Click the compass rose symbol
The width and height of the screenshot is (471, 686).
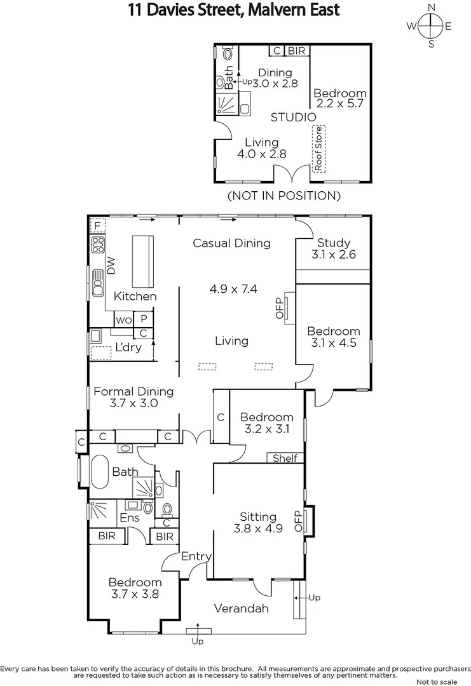pos(431,26)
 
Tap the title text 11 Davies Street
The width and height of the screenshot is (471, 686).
pos(234,10)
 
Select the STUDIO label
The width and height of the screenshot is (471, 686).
pos(293,118)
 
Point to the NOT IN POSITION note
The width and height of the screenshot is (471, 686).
pos(283,196)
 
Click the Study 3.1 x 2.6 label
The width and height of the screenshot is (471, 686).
pos(334,248)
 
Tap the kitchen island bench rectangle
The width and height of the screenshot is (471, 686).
pos(143,261)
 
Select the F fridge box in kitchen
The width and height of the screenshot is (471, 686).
pos(97,225)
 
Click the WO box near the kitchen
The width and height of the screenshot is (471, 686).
pos(123,319)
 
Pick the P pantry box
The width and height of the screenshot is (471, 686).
pos(144,319)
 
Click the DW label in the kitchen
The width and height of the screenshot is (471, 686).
pos(112,266)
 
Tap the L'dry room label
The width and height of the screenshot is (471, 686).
pos(128,347)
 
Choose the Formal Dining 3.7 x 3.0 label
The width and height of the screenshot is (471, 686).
pos(133,397)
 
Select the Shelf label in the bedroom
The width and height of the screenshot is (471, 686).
pos(285,458)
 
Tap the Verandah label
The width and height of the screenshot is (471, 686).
pos(241,609)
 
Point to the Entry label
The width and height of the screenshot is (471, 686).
pos(196,556)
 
